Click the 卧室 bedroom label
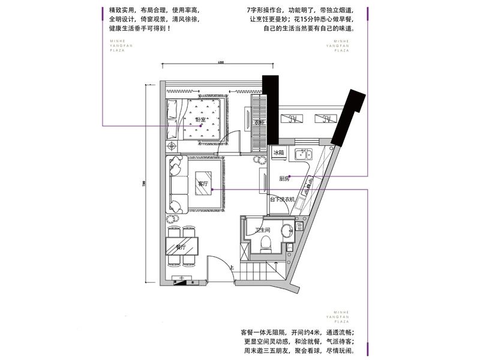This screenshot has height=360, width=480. click(x=200, y=119)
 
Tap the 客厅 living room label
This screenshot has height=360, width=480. click(x=202, y=184)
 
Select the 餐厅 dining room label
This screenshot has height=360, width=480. click(x=181, y=247)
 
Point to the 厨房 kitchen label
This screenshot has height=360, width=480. click(x=284, y=179)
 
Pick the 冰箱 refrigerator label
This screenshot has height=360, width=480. click(x=278, y=153)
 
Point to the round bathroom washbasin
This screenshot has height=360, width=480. click(x=287, y=229)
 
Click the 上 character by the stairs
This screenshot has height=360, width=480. click(x=232, y=268)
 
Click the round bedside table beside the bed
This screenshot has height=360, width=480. click(x=173, y=146)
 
